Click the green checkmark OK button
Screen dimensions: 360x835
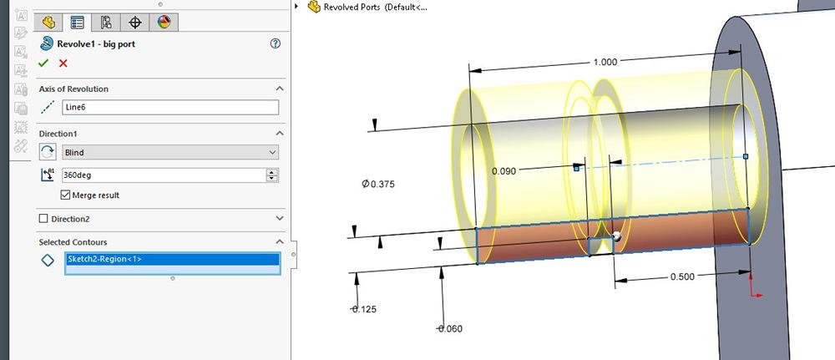click(43, 63)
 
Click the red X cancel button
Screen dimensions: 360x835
click(63, 63)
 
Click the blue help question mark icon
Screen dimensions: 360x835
click(275, 43)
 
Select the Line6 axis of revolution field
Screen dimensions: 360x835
click(170, 107)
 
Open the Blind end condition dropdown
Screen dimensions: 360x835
click(170, 152)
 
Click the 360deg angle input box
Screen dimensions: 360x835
click(164, 175)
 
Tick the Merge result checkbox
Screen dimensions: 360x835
click(67, 195)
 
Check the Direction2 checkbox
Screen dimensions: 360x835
click(44, 219)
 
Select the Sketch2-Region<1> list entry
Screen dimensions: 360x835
click(170, 260)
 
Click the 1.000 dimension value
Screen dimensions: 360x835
click(605, 63)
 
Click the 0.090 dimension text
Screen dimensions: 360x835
click(504, 171)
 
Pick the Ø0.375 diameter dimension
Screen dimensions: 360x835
click(377, 184)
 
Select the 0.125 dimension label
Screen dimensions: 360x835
click(363, 309)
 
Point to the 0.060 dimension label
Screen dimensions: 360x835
click(450, 329)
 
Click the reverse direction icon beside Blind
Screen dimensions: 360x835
click(48, 152)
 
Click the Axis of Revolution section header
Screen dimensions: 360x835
click(73, 89)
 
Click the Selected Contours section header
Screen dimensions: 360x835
click(73, 242)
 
